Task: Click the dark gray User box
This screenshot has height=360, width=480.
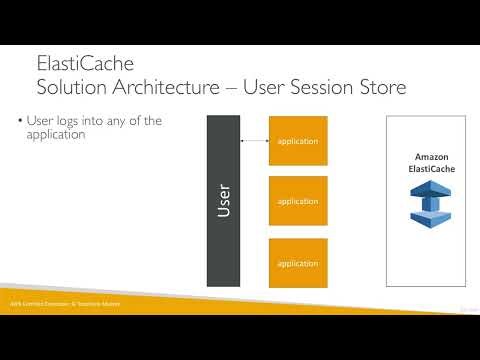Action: pos(223,200)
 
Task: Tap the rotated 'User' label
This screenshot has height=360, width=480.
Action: pos(224,200)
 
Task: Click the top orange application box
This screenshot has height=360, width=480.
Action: pos(298,142)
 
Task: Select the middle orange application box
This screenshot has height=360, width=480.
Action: pos(298,201)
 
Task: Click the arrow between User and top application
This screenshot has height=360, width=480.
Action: pos(255,141)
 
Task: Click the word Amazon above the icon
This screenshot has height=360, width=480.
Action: pos(425,158)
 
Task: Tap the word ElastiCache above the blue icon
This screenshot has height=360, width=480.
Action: pos(425,170)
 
